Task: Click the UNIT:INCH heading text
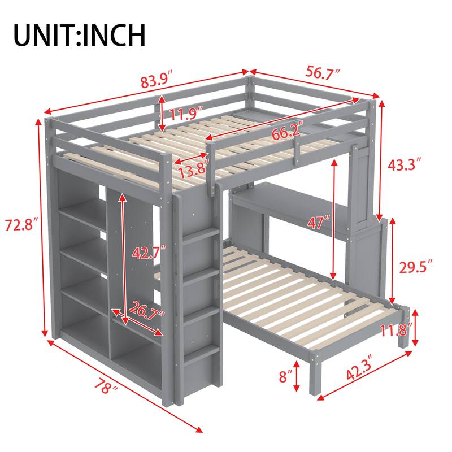[80, 34]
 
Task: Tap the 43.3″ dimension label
[405, 165]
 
